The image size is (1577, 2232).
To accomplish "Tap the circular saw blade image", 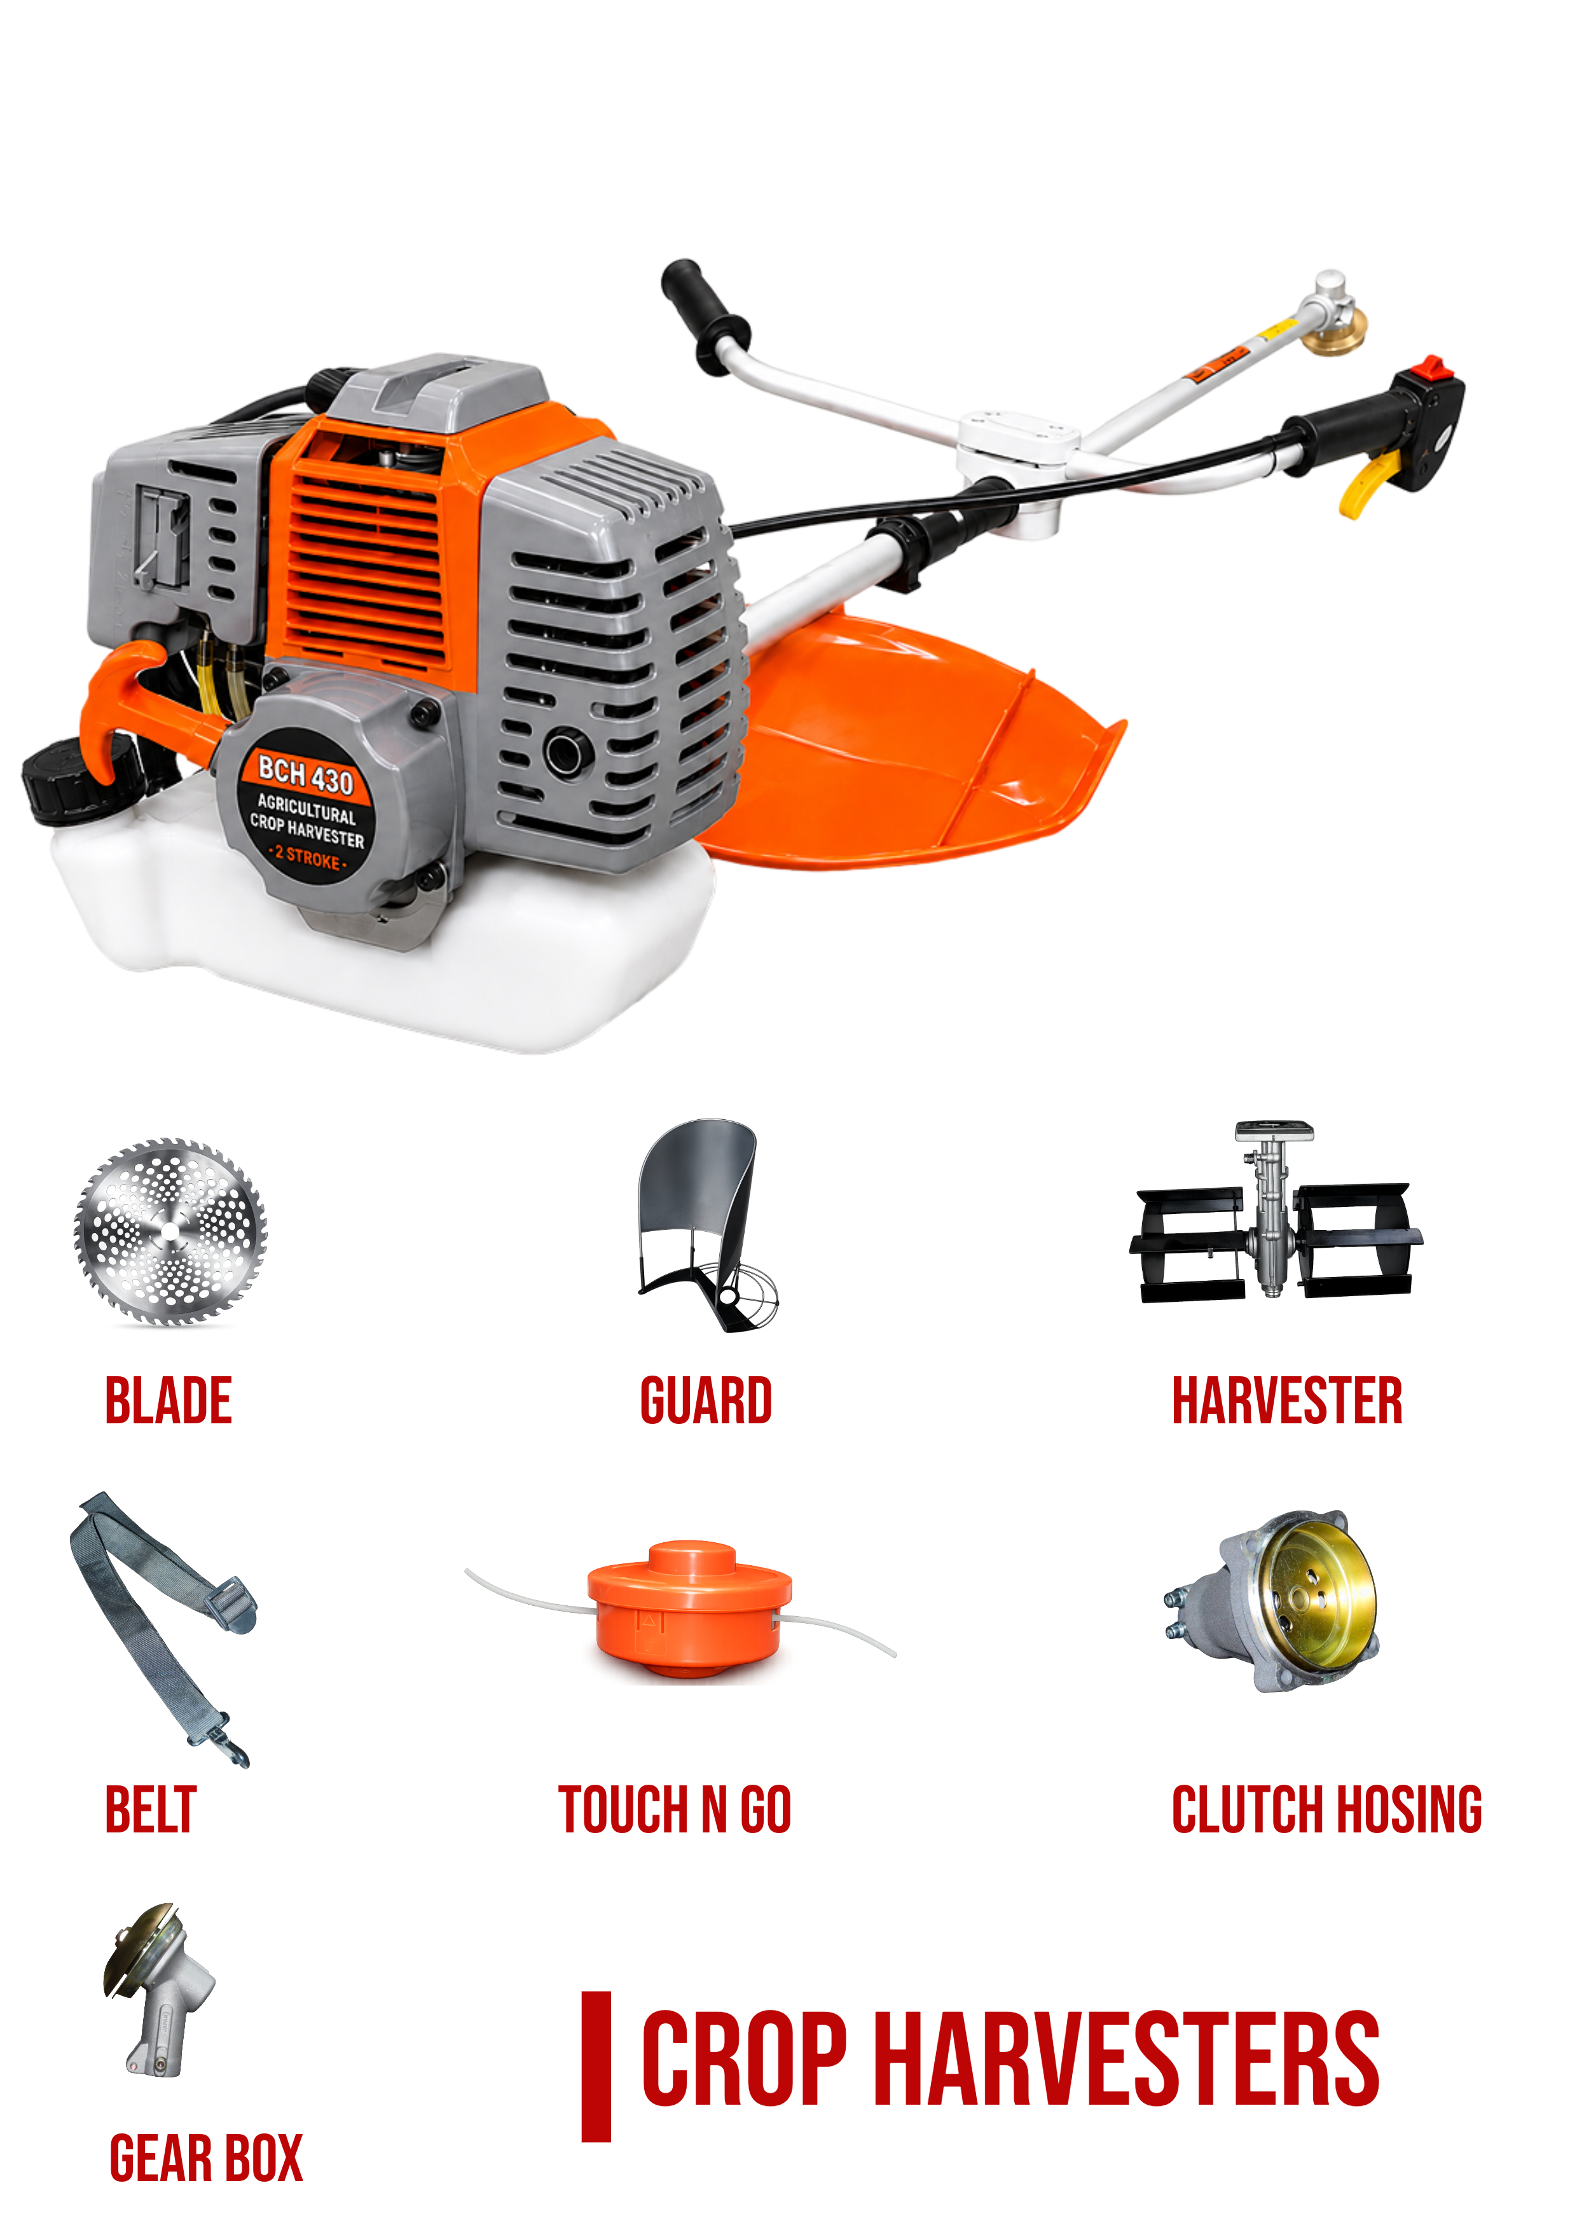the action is point(171,1232).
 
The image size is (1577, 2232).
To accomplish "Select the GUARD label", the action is point(706,1401).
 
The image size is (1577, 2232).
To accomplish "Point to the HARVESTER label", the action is point(1288,1401).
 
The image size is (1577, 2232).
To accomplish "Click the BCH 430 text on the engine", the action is point(305,776).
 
